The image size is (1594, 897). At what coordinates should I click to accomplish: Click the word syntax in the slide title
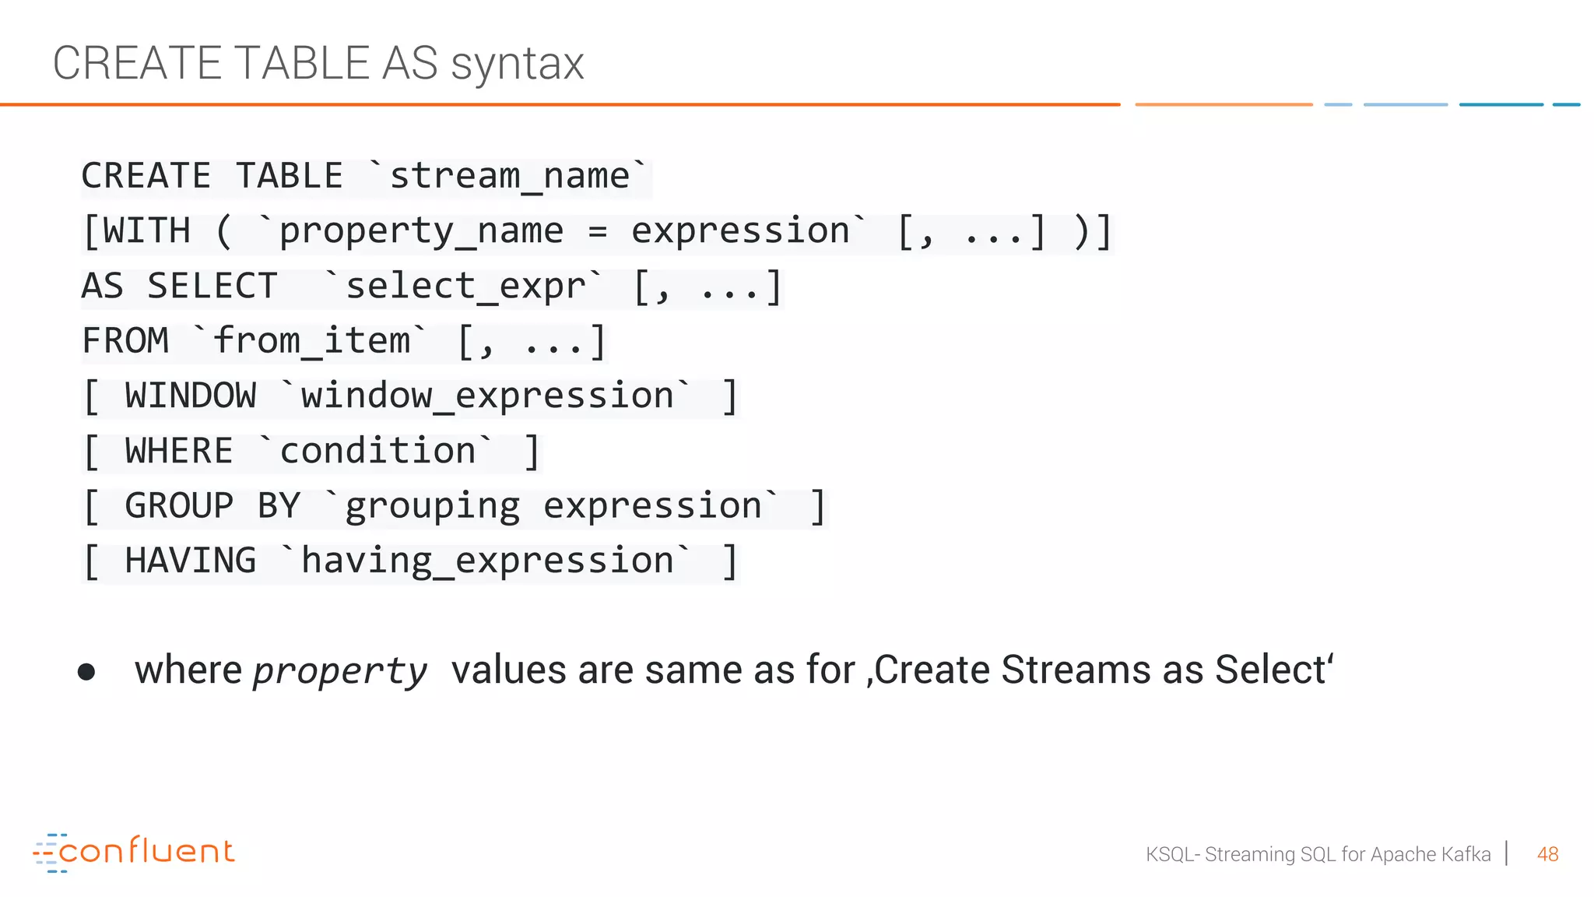(x=517, y=64)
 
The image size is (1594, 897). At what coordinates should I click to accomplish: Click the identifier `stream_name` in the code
(x=509, y=176)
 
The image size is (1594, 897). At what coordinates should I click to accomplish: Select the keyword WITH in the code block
(x=146, y=231)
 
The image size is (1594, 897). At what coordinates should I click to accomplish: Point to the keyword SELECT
(x=212, y=286)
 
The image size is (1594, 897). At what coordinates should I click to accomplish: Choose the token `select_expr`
(x=465, y=286)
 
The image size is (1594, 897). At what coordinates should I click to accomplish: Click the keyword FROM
(x=125, y=341)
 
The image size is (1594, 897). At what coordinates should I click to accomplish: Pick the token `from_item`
(x=311, y=341)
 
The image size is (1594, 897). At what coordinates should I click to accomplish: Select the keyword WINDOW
(x=191, y=396)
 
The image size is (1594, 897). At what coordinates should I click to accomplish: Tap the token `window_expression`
(x=486, y=396)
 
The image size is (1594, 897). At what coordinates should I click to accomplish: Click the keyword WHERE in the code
(x=179, y=452)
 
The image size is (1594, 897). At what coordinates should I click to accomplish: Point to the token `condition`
(x=377, y=452)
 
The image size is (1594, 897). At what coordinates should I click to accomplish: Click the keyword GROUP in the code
(x=179, y=506)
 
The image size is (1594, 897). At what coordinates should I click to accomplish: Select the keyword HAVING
(x=191, y=561)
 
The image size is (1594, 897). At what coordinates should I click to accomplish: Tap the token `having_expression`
(x=486, y=561)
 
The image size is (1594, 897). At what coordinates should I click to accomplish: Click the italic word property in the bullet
(x=340, y=671)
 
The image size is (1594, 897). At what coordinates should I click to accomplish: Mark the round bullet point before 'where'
(x=86, y=672)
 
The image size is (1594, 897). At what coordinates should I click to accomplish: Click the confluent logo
(x=134, y=853)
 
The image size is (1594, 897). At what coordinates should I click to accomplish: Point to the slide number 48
(x=1547, y=855)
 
